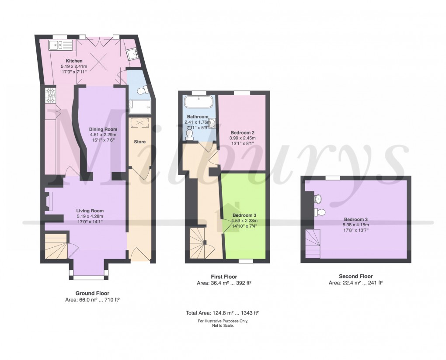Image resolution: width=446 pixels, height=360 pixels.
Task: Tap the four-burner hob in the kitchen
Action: pos(49,95)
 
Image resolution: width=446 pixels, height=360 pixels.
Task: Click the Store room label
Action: pos(139,142)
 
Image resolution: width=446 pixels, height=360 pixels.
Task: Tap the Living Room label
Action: pos(90,210)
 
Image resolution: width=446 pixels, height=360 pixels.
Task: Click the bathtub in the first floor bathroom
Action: pos(198,102)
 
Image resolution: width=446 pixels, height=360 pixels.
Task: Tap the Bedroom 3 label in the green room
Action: pos(244,215)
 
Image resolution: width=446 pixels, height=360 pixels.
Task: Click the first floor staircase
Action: pos(201,245)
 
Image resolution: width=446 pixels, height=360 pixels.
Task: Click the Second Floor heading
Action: pos(355,276)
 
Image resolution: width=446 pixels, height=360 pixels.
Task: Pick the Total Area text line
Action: pos(223,313)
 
